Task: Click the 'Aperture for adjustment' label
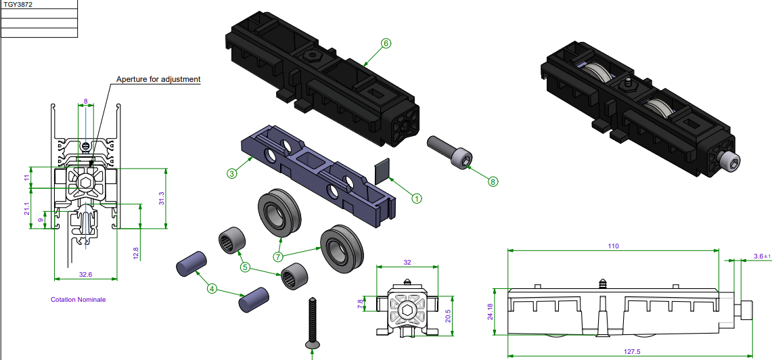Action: pyautogui.click(x=158, y=79)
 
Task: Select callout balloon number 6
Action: pyautogui.click(x=386, y=43)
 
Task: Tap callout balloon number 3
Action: pyautogui.click(x=231, y=174)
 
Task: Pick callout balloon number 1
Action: pyautogui.click(x=417, y=198)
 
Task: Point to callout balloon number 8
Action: pyautogui.click(x=493, y=181)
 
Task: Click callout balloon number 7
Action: pyautogui.click(x=278, y=256)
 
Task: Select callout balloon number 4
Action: pyautogui.click(x=212, y=289)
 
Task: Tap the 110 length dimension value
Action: pyautogui.click(x=613, y=246)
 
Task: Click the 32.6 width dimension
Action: pyautogui.click(x=85, y=275)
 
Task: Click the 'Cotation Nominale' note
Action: pyautogui.click(x=78, y=299)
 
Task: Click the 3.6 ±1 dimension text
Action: pyautogui.click(x=762, y=256)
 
